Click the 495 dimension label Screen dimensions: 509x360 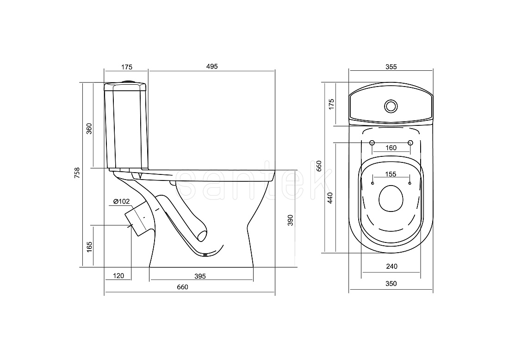(212, 67)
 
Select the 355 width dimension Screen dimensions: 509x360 (391, 67)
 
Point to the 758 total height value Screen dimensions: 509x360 (77, 173)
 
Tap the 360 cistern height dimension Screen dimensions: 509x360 (89, 129)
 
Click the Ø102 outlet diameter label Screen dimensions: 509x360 (121, 202)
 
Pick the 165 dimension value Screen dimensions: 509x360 (90, 247)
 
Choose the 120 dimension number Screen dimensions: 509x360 (118, 276)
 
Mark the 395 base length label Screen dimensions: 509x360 (200, 276)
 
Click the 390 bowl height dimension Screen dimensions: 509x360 (291, 220)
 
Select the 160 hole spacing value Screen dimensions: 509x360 (391, 148)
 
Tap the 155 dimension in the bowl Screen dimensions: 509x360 (391, 174)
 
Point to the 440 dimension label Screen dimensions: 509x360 (330, 198)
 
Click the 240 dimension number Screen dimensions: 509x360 (392, 267)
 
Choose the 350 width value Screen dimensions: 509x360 (391, 284)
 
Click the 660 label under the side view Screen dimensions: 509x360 (182, 287)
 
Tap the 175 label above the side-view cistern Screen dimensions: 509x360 (127, 67)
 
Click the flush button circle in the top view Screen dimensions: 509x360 (391, 106)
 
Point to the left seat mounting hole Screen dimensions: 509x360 (372, 143)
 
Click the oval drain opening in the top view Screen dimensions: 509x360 (391, 199)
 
